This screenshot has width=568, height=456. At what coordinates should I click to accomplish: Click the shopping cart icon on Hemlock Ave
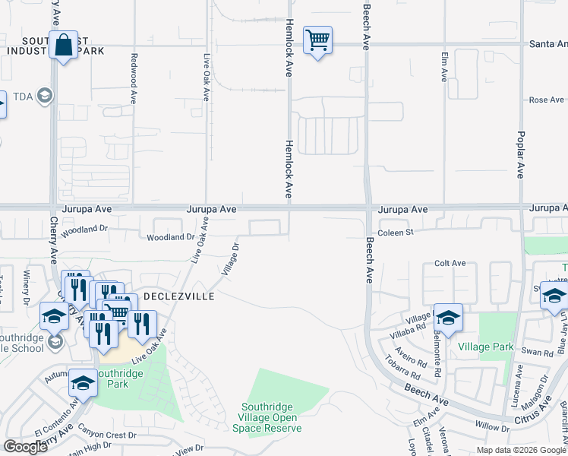317,40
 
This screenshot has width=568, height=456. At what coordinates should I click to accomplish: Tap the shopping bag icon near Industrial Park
64,45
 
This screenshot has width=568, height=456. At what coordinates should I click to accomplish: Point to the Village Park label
486,347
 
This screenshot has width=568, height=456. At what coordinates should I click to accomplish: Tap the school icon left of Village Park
448,318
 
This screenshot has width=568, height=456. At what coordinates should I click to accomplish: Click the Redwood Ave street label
133,78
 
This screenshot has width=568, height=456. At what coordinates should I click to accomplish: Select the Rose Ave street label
547,100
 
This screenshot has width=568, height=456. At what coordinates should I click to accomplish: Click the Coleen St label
395,233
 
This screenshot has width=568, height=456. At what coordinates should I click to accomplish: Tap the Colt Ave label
450,263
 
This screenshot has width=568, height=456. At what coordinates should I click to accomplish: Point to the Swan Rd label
538,352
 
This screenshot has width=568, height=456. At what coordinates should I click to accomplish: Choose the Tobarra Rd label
406,369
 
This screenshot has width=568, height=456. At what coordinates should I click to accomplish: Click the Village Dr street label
230,259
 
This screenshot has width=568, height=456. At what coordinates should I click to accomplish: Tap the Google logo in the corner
25,447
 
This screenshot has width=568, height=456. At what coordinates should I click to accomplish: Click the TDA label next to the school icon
24,96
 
